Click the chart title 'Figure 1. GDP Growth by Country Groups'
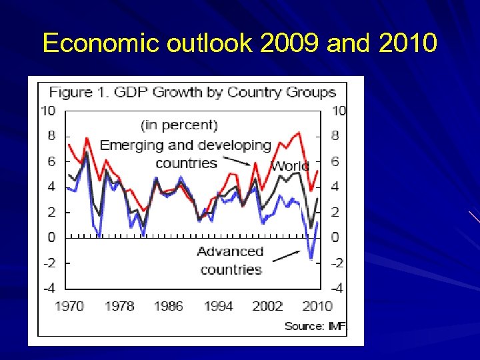(x=193, y=92)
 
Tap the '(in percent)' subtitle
(x=179, y=125)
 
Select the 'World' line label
(x=290, y=166)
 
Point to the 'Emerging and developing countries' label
(x=186, y=154)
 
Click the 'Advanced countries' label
(x=231, y=261)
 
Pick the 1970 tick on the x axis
(x=69, y=306)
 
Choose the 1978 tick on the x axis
(x=119, y=306)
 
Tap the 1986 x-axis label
(x=168, y=306)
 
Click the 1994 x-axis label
(x=218, y=306)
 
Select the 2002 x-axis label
(x=267, y=306)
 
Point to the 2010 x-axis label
(x=317, y=306)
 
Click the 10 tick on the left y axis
(x=48, y=111)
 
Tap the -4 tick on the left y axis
(x=48, y=288)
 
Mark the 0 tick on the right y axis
(x=335, y=237)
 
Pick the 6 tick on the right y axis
(x=335, y=161)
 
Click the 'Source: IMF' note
(x=315, y=326)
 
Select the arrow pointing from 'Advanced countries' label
(x=286, y=255)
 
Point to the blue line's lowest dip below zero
(x=311, y=257)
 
